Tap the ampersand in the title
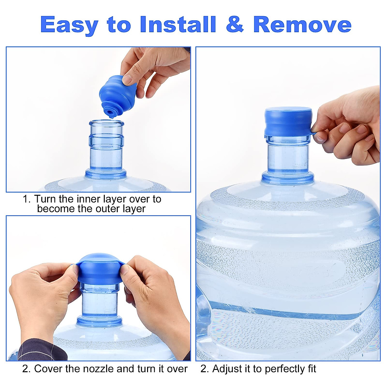[x=235, y=24]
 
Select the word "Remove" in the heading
[x=302, y=24]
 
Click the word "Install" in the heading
[x=178, y=24]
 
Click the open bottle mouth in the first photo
[x=106, y=124]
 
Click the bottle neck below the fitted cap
[x=288, y=155]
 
